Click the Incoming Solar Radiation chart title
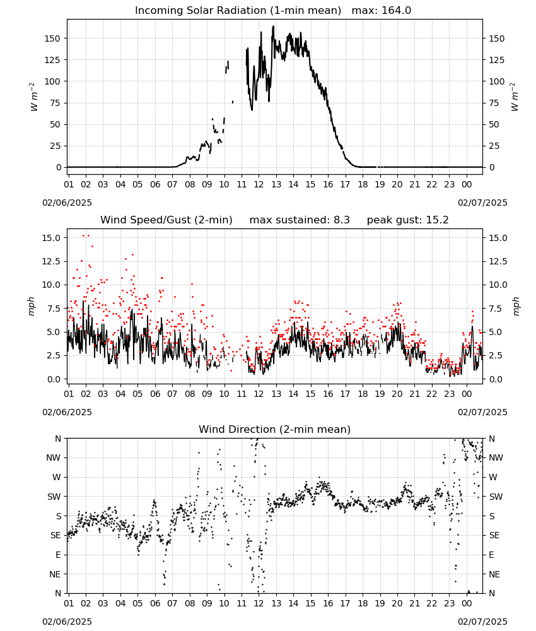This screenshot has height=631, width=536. [238, 11]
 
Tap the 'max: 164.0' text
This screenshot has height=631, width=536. [382, 11]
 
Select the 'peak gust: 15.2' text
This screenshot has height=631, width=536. [407, 220]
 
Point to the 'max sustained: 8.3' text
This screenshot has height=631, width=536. [300, 220]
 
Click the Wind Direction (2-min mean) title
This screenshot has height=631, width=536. [275, 429]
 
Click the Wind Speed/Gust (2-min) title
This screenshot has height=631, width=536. [166, 220]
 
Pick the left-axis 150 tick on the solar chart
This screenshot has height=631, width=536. [53, 38]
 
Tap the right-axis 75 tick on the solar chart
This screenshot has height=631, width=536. [494, 103]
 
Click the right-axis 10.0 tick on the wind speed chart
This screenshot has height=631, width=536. [498, 285]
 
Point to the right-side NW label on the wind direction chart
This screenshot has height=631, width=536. [496, 457]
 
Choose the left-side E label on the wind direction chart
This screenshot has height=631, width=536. [58, 555]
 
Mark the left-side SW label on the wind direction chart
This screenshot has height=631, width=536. [54, 497]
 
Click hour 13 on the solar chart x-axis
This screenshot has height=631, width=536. [276, 184]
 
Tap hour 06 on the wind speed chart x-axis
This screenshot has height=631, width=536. [155, 394]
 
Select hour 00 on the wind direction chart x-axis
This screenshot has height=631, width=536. [467, 603]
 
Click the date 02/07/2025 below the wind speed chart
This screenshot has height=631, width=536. [482, 412]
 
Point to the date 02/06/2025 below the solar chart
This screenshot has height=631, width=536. [67, 203]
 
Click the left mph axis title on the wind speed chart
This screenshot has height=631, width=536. [32, 306]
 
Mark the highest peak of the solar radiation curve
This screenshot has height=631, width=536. [274, 26]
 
